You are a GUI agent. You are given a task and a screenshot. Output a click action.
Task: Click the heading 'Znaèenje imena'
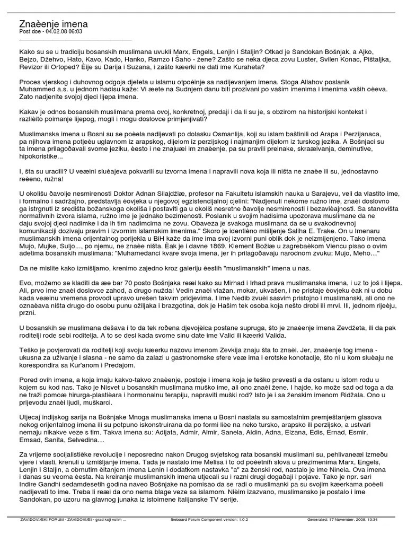(x=54, y=24)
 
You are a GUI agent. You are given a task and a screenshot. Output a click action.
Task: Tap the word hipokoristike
(x=40, y=157)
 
